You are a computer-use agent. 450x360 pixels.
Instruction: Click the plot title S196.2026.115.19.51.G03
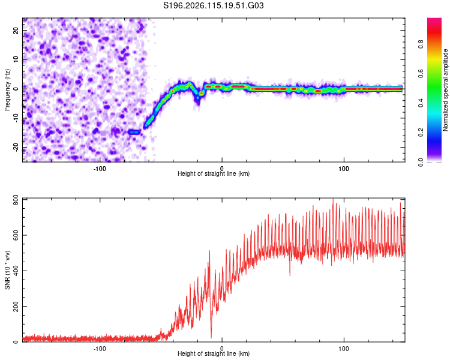pyautogui.click(x=213, y=5)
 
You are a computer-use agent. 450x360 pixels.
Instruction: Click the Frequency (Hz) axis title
pyautogui.click(x=7, y=90)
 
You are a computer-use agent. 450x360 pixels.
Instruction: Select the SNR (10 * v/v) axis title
pyautogui.click(x=7, y=270)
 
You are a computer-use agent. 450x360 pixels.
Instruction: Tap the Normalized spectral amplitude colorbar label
pyautogui.click(x=445, y=90)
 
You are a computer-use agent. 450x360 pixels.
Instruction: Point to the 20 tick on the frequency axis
pyautogui.click(x=16, y=31)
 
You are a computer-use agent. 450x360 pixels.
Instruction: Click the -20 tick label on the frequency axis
pyautogui.click(x=16, y=147)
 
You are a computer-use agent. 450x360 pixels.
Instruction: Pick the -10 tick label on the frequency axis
pyautogui.click(x=16, y=118)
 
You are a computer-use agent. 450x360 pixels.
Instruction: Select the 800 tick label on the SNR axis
pyautogui.click(x=16, y=201)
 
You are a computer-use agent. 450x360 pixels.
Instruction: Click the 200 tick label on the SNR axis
pyautogui.click(x=16, y=307)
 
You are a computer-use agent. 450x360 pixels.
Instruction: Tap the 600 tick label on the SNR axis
pyautogui.click(x=16, y=235)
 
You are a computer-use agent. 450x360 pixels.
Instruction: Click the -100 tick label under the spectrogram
pyautogui.click(x=100, y=169)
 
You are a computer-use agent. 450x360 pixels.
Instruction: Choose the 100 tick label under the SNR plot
pyautogui.click(x=344, y=349)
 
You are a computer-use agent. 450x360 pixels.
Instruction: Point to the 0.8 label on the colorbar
pyautogui.click(x=421, y=44)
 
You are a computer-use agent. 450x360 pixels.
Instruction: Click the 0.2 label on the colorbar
pyautogui.click(x=421, y=133)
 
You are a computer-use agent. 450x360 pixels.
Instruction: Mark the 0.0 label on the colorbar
pyautogui.click(x=421, y=162)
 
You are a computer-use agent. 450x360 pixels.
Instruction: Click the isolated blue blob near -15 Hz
pyautogui.click(x=134, y=132)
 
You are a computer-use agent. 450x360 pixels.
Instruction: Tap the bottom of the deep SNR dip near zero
pyautogui.click(x=211, y=338)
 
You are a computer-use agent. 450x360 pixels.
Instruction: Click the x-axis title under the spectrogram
pyautogui.click(x=214, y=173)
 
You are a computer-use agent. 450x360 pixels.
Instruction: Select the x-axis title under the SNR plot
pyautogui.click(x=214, y=353)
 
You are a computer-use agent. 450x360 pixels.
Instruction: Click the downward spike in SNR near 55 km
pyautogui.click(x=290, y=275)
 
